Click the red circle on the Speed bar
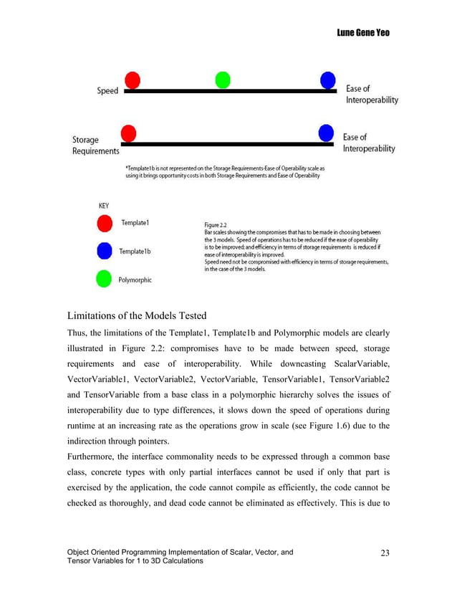coord(132,80)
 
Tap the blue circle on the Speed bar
coord(329,80)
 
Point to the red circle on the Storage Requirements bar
coord(129,133)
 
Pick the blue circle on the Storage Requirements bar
coord(327,133)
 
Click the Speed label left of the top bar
coord(107,91)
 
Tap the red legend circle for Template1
coord(105,224)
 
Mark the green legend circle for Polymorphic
coord(105,279)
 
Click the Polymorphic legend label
coord(136,280)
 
